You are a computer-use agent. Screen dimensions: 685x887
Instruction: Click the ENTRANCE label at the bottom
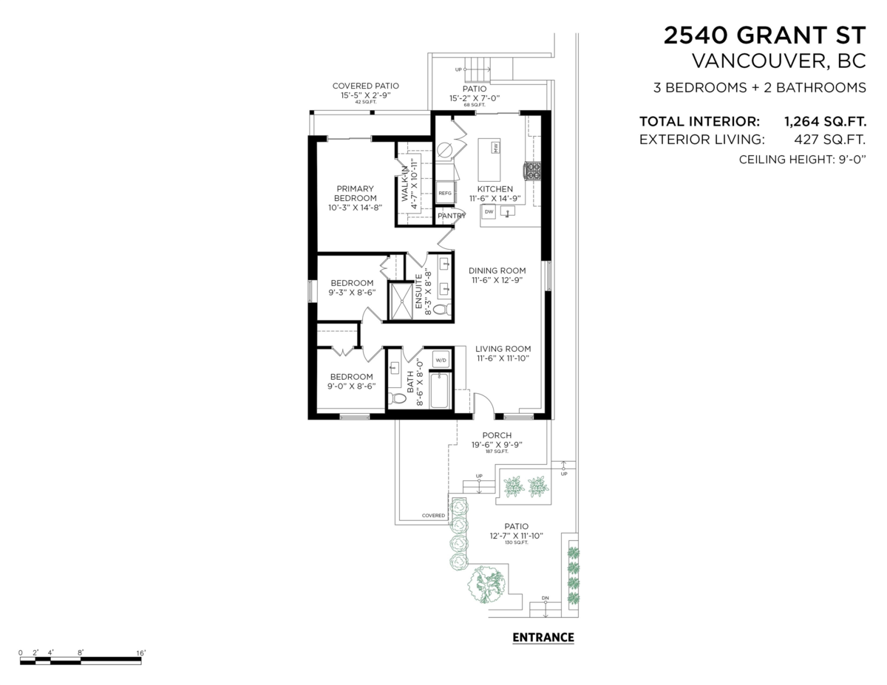pos(543,637)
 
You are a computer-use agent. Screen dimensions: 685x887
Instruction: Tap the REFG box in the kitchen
pos(444,193)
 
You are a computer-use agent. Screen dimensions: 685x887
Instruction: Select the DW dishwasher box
pos(489,212)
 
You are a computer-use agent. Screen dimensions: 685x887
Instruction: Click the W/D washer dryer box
pos(441,360)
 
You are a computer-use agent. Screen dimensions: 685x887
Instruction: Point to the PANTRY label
pos(451,216)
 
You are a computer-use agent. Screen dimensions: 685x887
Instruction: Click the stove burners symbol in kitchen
pos(532,171)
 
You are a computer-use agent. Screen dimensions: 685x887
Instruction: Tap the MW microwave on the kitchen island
pos(495,148)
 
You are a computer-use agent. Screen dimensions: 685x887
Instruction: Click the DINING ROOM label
pos(497,270)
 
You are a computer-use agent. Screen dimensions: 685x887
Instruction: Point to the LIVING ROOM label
pos(503,349)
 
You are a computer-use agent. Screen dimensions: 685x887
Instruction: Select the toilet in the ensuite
pos(442,310)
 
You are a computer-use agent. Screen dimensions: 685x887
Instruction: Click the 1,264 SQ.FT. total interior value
pos(825,121)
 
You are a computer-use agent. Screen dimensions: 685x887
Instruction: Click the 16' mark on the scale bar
pos(140,652)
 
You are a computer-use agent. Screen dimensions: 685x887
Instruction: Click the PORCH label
pos(497,435)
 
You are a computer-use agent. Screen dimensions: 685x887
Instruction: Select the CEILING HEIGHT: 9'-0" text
pos(802,160)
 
